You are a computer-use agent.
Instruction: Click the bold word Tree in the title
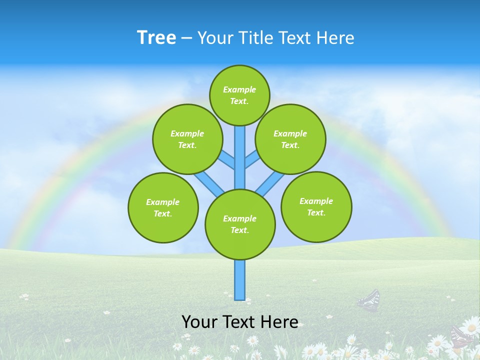(x=156, y=37)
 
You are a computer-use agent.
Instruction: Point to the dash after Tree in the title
(x=186, y=38)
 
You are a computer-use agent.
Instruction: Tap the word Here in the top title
(x=335, y=38)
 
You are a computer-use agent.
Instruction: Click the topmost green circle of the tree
(x=239, y=95)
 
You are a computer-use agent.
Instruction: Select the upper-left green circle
(x=187, y=139)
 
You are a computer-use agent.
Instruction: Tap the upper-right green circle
(x=290, y=139)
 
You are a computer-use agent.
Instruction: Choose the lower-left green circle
(x=163, y=207)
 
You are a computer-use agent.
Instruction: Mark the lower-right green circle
(x=316, y=206)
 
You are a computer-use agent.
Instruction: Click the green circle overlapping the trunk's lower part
(x=240, y=224)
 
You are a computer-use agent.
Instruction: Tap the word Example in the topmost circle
(x=239, y=89)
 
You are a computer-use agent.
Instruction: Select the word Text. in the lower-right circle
(x=316, y=212)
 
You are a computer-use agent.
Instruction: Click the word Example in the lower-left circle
(x=162, y=202)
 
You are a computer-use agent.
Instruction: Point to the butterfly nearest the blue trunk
(x=369, y=300)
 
